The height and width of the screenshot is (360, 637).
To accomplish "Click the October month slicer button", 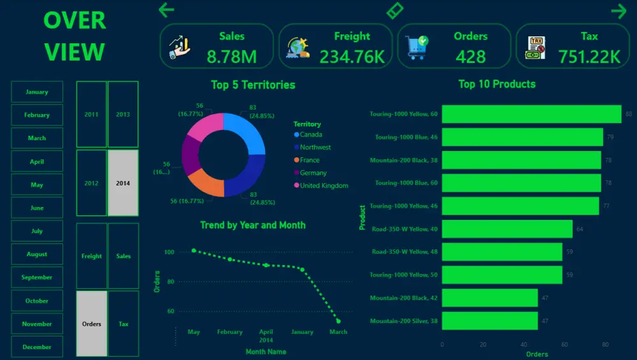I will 37,301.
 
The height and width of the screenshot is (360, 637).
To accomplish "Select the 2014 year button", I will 123,183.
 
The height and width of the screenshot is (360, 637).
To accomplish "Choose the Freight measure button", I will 92,256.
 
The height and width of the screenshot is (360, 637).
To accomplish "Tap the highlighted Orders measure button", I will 92,324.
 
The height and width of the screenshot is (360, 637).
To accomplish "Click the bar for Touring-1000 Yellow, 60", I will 531,114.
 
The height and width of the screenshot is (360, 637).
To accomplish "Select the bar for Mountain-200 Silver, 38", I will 490,321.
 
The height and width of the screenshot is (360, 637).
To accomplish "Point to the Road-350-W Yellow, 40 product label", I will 404,229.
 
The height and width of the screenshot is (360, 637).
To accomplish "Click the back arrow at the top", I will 166,10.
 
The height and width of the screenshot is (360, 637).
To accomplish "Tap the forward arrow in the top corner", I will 619,11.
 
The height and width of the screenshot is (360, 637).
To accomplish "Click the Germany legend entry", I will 313,173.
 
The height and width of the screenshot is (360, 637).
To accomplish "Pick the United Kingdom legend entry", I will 324,185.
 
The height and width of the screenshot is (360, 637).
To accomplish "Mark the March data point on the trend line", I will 338,321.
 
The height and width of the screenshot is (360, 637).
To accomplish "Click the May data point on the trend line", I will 194,250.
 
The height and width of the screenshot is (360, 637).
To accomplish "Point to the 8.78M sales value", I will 232,57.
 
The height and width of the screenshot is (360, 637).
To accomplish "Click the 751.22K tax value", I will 589,57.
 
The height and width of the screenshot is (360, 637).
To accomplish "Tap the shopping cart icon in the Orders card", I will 417,47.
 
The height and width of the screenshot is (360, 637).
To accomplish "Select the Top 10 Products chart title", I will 497,84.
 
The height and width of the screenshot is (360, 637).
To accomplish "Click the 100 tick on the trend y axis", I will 169,252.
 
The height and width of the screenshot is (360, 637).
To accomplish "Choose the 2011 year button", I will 91,115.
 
